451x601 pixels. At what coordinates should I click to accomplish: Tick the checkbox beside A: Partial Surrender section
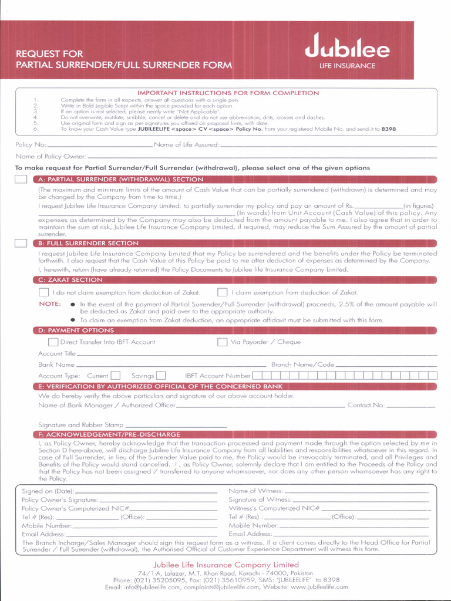coord(21,180)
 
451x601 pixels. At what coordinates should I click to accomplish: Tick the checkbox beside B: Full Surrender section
coord(21,243)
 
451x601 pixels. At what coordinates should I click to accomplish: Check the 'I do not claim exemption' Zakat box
coord(43,292)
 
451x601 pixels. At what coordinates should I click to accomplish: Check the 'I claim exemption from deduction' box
coord(223,292)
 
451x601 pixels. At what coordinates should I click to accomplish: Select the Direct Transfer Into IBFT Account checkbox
coord(53,342)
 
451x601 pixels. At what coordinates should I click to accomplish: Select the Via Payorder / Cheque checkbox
coord(223,342)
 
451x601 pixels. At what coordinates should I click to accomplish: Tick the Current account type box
coord(116,376)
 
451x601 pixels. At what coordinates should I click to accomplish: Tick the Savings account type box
coord(161,376)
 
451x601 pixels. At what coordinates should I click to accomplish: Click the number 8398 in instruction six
coord(388,129)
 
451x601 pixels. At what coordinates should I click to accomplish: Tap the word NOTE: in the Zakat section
coord(50,304)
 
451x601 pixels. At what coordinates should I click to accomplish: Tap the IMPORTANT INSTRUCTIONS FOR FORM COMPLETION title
coord(228,93)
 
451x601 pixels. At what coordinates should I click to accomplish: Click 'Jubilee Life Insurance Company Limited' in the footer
coord(226,565)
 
